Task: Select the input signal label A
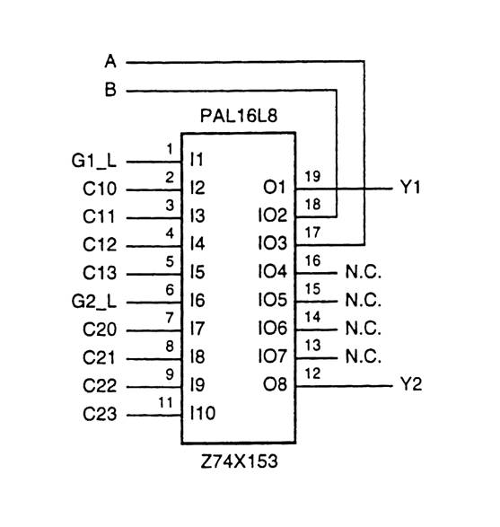pyautogui.click(x=110, y=62)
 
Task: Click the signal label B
pyautogui.click(x=110, y=91)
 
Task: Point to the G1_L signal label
pyautogui.click(x=92, y=162)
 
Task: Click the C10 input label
pyautogui.click(x=99, y=190)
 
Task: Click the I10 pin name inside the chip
pyautogui.click(x=203, y=415)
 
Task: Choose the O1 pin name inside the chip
pyautogui.click(x=274, y=189)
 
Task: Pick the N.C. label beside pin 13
pyautogui.click(x=363, y=358)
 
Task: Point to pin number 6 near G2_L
pyautogui.click(x=169, y=289)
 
